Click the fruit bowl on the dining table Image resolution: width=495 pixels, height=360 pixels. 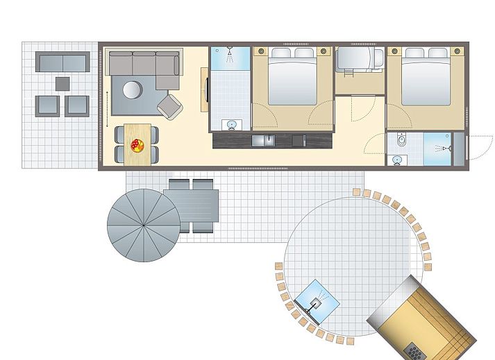coord(137,145)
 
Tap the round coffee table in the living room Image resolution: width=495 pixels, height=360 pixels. coord(133,89)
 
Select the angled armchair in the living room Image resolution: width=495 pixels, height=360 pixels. coord(170,106)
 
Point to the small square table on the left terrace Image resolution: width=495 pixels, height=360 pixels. coord(63,83)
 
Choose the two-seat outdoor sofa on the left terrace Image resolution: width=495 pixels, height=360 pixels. coord(63,62)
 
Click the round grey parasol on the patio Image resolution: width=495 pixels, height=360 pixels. coord(144,225)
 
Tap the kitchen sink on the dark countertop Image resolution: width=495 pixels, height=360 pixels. coord(263,141)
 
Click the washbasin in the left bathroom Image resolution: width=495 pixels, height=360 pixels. coord(231,125)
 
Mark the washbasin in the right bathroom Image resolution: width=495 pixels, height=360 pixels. coord(396,160)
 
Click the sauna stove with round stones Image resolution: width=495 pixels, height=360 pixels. coord(414,351)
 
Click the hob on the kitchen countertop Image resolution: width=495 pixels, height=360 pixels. coord(299,141)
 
